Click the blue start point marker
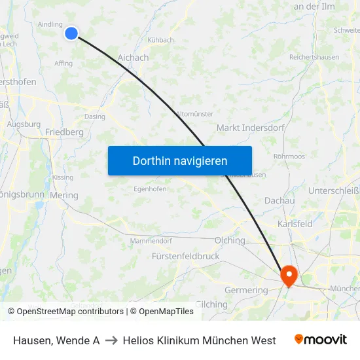[x=71, y=33]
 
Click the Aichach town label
[x=133, y=58]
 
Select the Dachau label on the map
[x=279, y=200]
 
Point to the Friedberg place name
[x=64, y=132]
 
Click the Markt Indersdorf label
[x=251, y=128]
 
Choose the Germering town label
[x=246, y=290]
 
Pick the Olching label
[x=230, y=240]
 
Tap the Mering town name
[x=63, y=195]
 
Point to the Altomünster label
[x=194, y=114]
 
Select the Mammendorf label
[x=151, y=241]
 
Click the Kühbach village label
[x=160, y=40]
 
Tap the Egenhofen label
[x=150, y=189]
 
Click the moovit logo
[x=320, y=340]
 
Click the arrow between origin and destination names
[x=111, y=340]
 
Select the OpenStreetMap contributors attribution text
[x=65, y=312]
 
